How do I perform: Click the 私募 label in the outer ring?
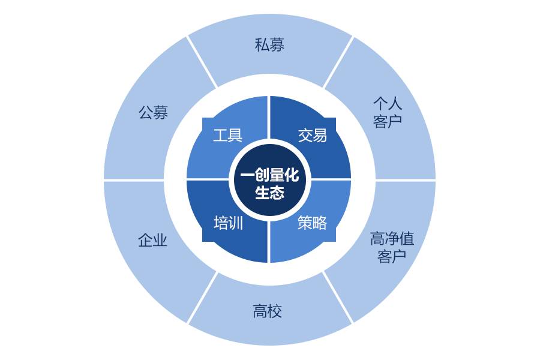(x=269, y=44)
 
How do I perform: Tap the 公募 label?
(x=153, y=112)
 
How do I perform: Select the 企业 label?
(x=152, y=241)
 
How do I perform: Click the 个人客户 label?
(x=388, y=112)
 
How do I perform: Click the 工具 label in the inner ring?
(x=228, y=135)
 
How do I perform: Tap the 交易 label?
(x=313, y=135)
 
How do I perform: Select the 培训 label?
(x=228, y=223)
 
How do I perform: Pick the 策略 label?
(x=313, y=223)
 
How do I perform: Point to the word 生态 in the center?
(x=269, y=193)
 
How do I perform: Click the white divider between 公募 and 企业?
(x=134, y=180)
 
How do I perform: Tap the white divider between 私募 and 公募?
(x=202, y=62)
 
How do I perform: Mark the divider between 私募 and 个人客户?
(x=338, y=62)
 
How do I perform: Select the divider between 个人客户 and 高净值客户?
(x=406, y=180)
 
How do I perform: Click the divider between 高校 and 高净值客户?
(x=338, y=297)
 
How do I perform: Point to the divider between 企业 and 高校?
(x=202, y=298)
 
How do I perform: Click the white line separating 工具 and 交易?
(x=269, y=117)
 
